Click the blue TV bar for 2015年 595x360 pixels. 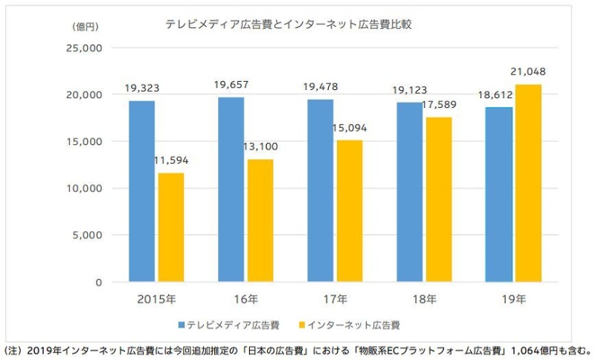pyautogui.click(x=141, y=191)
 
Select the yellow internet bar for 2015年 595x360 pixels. pyautogui.click(x=171, y=228)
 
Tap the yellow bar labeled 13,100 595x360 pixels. pyautogui.click(x=260, y=221)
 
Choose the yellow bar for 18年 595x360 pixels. pyautogui.click(x=439, y=199)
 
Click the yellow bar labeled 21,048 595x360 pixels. pyautogui.click(x=528, y=183)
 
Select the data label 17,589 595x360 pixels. pyautogui.click(x=440, y=106)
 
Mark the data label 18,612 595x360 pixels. pyautogui.click(x=497, y=95)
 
